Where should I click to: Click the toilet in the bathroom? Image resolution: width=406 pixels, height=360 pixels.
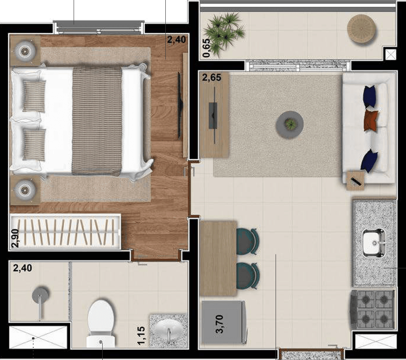[101, 323]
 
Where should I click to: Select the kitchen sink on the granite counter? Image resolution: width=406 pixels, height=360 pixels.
[374, 243]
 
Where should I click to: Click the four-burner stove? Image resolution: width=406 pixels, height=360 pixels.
[373, 310]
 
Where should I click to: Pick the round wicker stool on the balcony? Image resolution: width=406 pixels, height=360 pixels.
[361, 28]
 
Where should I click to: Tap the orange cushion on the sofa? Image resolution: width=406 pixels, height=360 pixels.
[371, 121]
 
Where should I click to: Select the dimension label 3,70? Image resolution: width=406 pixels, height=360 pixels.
[220, 324]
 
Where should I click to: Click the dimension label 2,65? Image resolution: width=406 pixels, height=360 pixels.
[212, 77]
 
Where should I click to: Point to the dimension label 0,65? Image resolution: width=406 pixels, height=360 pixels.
[207, 48]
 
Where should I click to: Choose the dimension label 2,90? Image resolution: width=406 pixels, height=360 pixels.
[15, 238]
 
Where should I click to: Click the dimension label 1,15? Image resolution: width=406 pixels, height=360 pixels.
[141, 336]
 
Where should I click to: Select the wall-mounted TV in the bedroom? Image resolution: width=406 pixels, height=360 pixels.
[180, 105]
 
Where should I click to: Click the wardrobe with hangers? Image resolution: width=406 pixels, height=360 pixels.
[65, 232]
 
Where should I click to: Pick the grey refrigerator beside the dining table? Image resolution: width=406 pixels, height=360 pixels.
[224, 323]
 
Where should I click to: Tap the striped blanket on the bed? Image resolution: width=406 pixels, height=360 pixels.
[97, 120]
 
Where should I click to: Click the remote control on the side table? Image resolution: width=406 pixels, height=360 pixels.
[356, 181]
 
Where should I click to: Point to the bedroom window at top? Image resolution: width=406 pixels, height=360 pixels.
[98, 27]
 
